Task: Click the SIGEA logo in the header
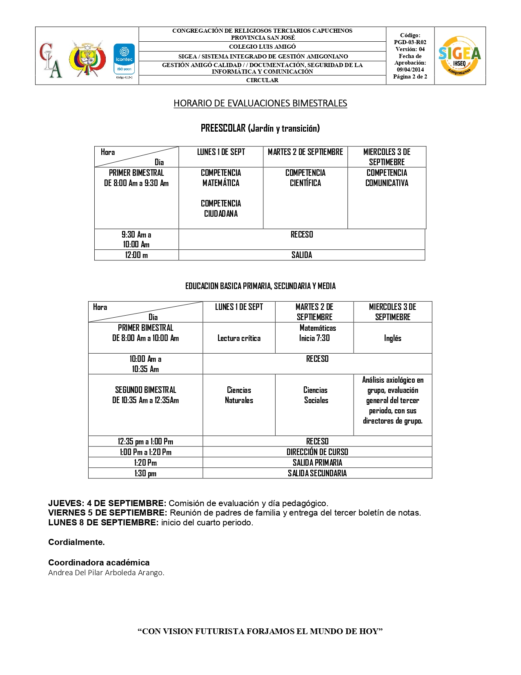pos(460,56)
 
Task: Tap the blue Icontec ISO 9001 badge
pos(124,59)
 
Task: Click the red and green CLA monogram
pos(51,60)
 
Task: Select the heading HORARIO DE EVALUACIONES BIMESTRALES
pos(260,103)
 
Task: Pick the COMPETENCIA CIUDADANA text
pos(221,209)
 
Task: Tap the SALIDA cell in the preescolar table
pos(302,255)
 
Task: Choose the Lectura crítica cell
pos(239,338)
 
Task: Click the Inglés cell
pos(392,338)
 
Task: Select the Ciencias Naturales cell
pos(239,395)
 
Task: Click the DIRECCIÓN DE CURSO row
pos(317,452)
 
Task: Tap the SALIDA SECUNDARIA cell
pos(317,473)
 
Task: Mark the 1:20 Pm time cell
pos(145,462)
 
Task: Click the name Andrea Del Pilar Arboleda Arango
pos(106,572)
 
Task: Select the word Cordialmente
pos(76,542)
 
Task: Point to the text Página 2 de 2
pos(410,76)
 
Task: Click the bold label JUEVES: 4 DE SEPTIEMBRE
pos(107,503)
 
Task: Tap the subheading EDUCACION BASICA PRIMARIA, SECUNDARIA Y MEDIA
pos(260,286)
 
